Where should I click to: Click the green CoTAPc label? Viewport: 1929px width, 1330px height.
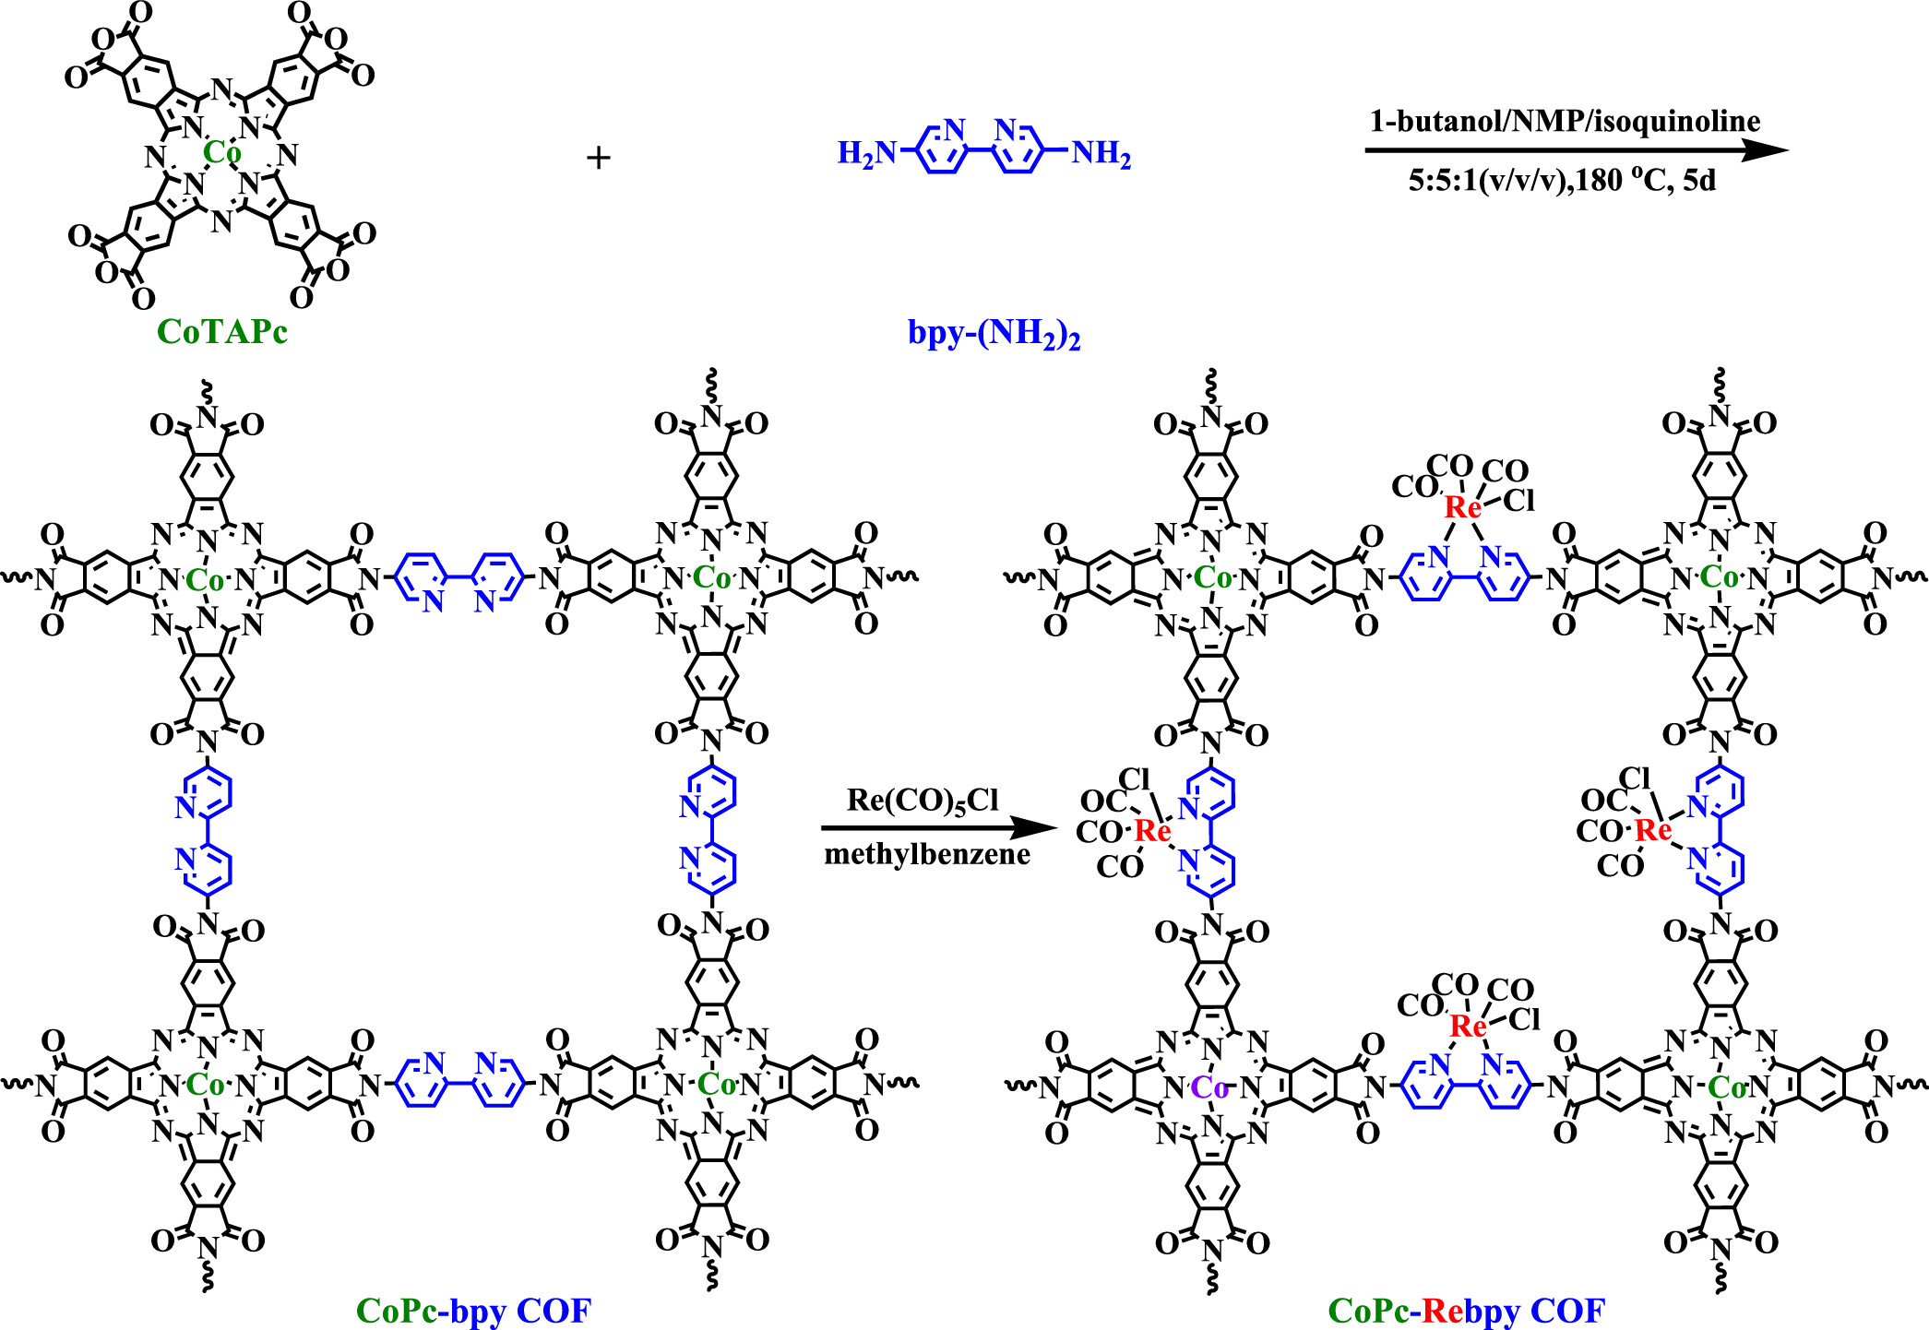[x=221, y=332]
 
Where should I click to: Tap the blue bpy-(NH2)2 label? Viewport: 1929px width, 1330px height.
[x=994, y=333]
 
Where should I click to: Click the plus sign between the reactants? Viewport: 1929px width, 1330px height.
[x=599, y=158]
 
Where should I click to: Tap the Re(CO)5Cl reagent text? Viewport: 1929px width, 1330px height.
[x=923, y=800]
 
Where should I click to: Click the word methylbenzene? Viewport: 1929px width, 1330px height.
[x=927, y=854]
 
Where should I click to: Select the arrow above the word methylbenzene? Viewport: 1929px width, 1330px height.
[x=937, y=827]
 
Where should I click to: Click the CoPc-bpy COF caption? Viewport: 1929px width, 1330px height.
[x=473, y=1311]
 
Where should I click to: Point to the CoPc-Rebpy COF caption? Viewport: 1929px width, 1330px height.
[x=1467, y=1311]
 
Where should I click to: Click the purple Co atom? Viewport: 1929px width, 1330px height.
[x=1209, y=1088]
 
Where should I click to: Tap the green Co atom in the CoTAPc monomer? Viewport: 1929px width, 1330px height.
[x=221, y=152]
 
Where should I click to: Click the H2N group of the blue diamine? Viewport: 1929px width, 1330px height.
[x=865, y=153]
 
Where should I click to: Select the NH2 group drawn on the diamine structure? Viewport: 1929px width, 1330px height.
[x=1101, y=153]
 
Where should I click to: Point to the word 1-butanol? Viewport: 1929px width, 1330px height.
[x=1424, y=121]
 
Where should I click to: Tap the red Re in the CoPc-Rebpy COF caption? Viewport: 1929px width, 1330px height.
[x=1443, y=1311]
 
